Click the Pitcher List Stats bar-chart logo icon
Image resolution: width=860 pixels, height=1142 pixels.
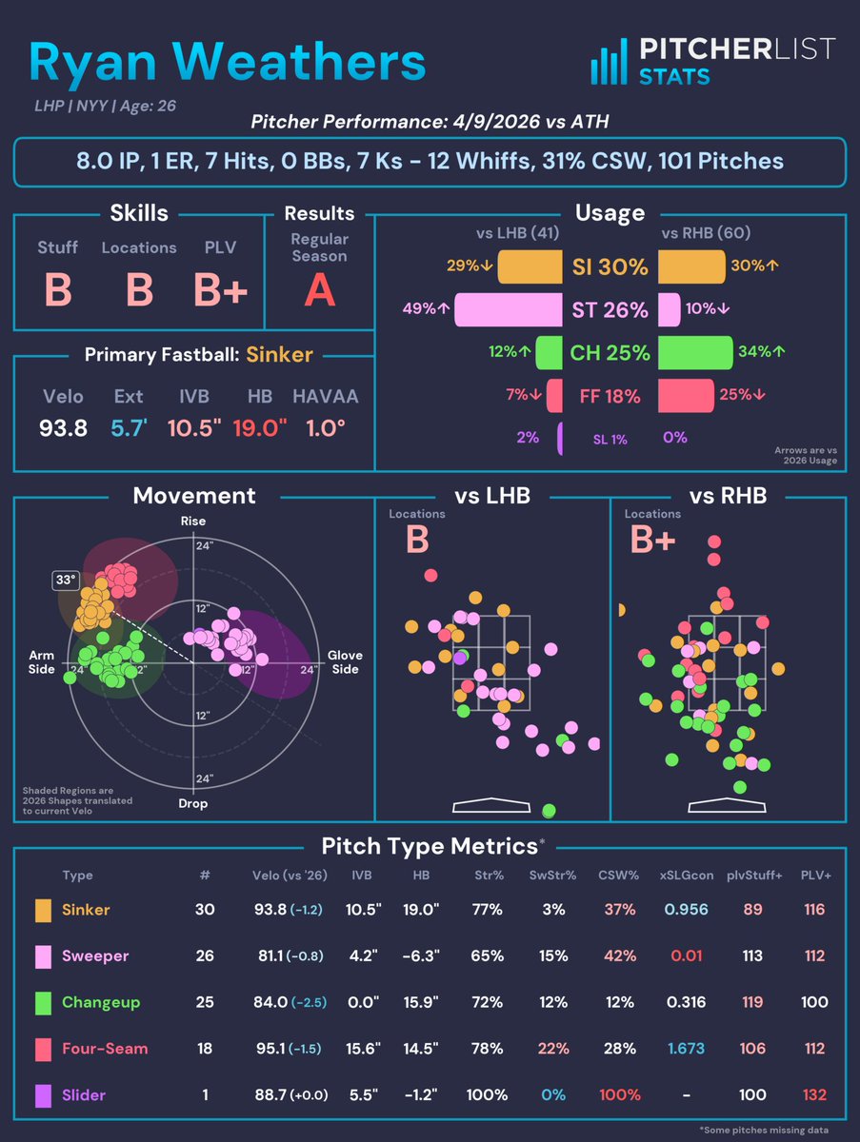point(610,61)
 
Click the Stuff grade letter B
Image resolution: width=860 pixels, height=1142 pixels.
point(58,289)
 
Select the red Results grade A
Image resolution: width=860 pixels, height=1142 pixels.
point(319,289)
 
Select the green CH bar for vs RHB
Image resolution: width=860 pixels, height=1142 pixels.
point(695,353)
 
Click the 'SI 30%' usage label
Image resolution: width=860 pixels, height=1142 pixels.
point(610,267)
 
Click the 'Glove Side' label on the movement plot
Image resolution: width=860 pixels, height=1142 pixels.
point(344,662)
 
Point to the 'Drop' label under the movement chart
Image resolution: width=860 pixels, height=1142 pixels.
point(193,803)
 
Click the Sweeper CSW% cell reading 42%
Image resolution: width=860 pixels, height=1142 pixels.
point(620,956)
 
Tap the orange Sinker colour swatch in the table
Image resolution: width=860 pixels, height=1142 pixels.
point(44,910)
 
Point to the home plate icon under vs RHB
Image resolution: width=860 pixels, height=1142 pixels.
point(727,805)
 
